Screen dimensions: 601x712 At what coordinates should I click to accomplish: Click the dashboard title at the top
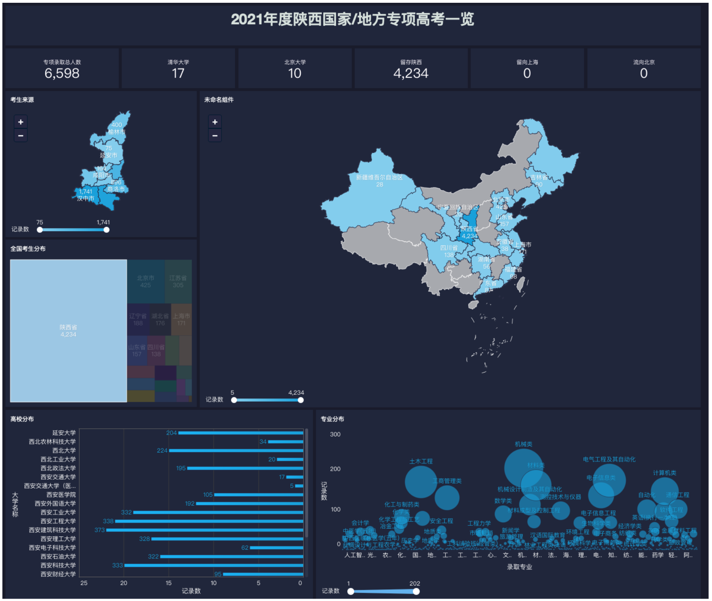[x=352, y=19]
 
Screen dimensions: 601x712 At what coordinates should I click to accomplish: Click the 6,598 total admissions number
[x=62, y=73]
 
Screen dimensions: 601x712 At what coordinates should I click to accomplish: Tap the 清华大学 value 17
[x=178, y=73]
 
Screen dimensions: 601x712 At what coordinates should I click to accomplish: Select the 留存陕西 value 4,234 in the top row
[x=410, y=73]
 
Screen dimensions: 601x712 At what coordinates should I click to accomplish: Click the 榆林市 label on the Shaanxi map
[x=117, y=132]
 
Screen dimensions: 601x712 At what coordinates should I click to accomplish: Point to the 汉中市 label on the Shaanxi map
[x=86, y=198]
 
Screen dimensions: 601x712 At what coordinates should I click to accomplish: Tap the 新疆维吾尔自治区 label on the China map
[x=379, y=178]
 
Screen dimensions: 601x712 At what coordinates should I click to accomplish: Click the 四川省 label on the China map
[x=449, y=248]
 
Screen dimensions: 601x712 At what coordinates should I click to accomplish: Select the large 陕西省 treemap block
[x=68, y=330]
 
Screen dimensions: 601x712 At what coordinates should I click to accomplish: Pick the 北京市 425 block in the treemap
[x=146, y=281]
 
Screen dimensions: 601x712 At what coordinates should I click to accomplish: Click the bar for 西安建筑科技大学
[x=204, y=530]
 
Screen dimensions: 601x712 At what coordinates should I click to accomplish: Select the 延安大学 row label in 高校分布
[x=64, y=433]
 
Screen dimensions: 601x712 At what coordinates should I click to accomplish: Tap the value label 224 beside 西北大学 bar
[x=162, y=451]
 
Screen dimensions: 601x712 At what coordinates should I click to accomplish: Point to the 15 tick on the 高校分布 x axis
[x=169, y=583]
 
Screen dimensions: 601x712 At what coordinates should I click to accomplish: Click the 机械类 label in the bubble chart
[x=523, y=444]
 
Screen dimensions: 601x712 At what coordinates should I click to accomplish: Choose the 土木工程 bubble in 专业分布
[x=421, y=482]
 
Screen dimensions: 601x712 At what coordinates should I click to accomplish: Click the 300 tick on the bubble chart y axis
[x=335, y=434]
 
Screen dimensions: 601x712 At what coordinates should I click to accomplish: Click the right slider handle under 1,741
[x=106, y=230]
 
